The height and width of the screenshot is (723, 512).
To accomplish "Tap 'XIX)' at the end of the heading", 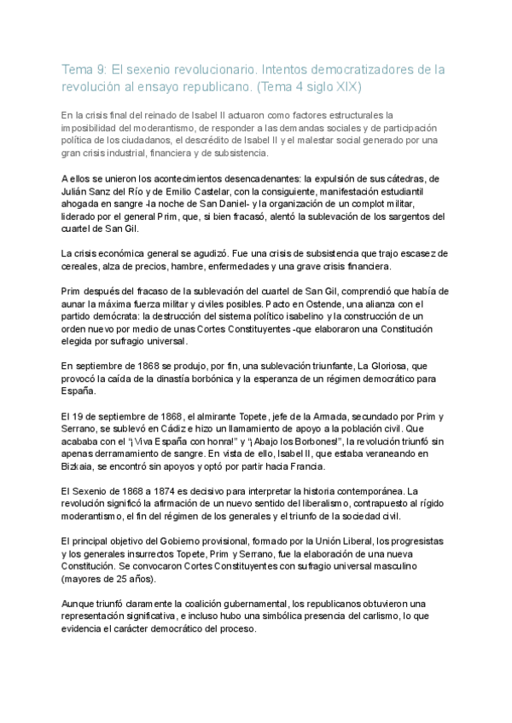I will (352, 87).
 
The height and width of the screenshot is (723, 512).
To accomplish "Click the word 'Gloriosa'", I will (376, 363).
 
